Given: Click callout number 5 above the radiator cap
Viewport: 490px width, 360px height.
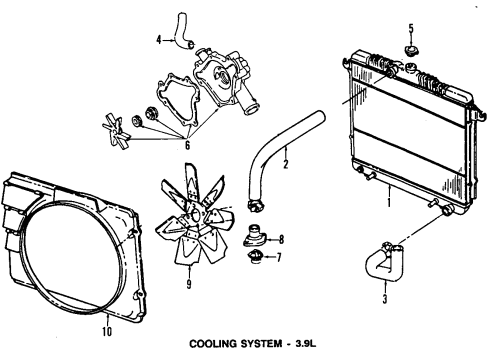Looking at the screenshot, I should pyautogui.click(x=409, y=27).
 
